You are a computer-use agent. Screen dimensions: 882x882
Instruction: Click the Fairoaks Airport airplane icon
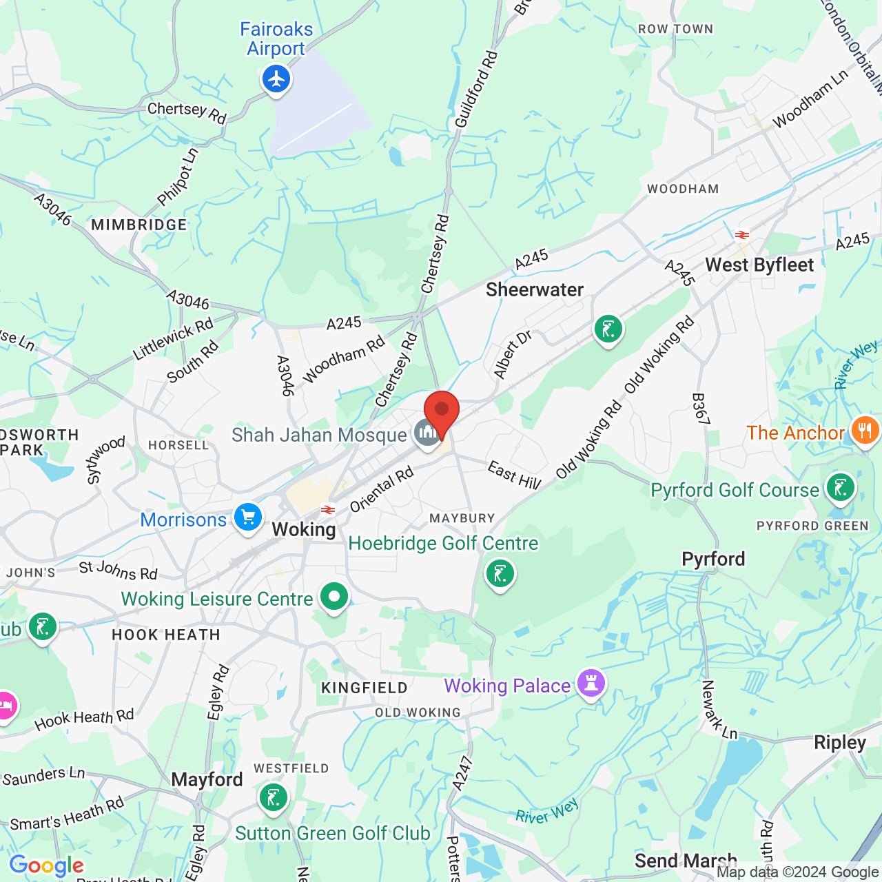point(276,79)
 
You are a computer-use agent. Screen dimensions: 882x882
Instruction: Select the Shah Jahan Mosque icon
point(427,433)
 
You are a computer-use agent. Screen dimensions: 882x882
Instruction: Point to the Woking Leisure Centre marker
point(334,597)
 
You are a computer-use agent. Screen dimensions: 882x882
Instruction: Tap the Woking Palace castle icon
point(591,684)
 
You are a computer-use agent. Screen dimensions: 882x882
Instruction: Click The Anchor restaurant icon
point(865,431)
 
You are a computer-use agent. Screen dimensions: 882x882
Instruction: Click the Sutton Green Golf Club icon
point(273,798)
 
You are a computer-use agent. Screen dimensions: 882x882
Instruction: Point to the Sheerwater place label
point(535,290)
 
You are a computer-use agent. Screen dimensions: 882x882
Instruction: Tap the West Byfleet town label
point(759,265)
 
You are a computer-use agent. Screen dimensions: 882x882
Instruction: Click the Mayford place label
point(207,780)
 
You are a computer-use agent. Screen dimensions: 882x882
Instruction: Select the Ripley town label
point(840,743)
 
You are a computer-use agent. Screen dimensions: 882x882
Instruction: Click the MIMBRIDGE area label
point(139,225)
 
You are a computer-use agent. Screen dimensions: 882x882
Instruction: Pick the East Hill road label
point(514,476)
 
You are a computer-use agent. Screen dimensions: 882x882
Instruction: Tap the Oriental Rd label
point(382,489)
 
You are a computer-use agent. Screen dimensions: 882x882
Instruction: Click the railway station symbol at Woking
point(328,511)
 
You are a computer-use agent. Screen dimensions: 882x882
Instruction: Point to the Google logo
point(47,865)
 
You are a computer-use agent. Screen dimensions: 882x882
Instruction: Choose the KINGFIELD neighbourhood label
point(365,688)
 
